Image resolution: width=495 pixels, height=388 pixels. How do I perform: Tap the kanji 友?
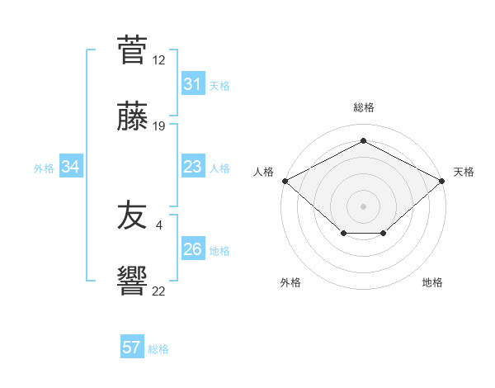coord(132,217)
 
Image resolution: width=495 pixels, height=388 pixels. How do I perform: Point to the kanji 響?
coord(132,280)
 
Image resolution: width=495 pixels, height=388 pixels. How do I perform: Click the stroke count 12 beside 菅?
coord(158,60)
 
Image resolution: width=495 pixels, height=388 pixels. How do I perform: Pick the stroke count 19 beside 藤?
coord(158,125)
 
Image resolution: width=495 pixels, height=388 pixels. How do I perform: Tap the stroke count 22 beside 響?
coord(158,290)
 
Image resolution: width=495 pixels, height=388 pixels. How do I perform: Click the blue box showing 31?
coord(192,84)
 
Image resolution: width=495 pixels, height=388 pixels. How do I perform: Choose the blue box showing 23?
coord(192,167)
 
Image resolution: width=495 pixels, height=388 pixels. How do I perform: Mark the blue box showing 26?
coord(192,249)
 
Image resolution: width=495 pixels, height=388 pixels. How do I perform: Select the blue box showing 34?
coord(71,167)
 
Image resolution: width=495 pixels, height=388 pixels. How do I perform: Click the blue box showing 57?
coord(131,348)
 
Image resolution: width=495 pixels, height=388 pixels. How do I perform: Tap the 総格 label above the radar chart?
coord(364,107)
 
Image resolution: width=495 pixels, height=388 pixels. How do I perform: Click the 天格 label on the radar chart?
coord(464,172)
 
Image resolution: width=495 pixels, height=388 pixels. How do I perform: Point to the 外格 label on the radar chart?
coord(290,282)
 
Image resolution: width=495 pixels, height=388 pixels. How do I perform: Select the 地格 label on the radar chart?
coord(432,282)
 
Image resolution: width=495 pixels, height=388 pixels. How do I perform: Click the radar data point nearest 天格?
coord(443,180)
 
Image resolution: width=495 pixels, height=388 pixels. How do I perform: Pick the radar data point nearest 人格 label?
coord(285,180)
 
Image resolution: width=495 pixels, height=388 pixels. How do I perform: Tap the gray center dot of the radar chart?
coord(364,206)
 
